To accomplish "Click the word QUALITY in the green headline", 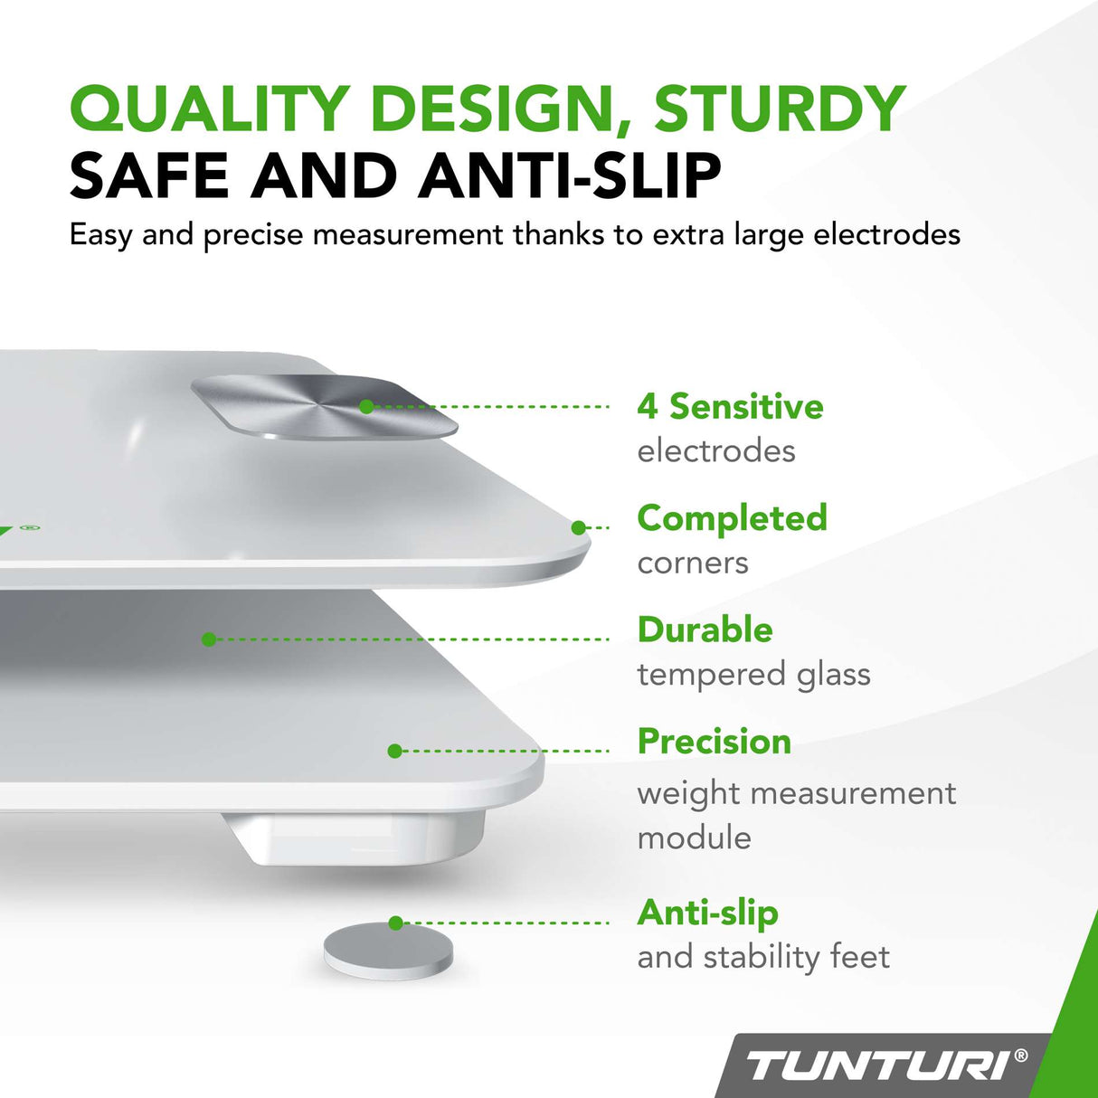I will pyautogui.click(x=210, y=109).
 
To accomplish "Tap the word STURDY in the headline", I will pyautogui.click(x=779, y=109).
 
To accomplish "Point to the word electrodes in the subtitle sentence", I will pyautogui.click(x=886, y=235).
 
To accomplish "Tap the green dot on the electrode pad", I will pyautogui.click(x=366, y=407).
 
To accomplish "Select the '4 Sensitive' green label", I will pyautogui.click(x=730, y=407).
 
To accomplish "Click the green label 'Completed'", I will pyautogui.click(x=732, y=518).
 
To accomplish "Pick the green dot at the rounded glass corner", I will pyautogui.click(x=579, y=527).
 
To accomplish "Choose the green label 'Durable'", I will pyautogui.click(x=705, y=629).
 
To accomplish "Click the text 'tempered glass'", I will pyautogui.click(x=753, y=675).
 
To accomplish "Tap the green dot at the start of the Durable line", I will pyautogui.click(x=209, y=639).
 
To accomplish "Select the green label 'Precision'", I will pyautogui.click(x=714, y=742).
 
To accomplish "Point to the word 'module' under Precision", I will pyautogui.click(x=694, y=838).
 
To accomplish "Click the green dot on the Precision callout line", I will pyautogui.click(x=394, y=751).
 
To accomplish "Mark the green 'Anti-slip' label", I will pyautogui.click(x=707, y=913).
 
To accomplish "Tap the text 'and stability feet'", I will pyautogui.click(x=763, y=957).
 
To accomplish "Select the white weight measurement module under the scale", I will pyautogui.click(x=357, y=837).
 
